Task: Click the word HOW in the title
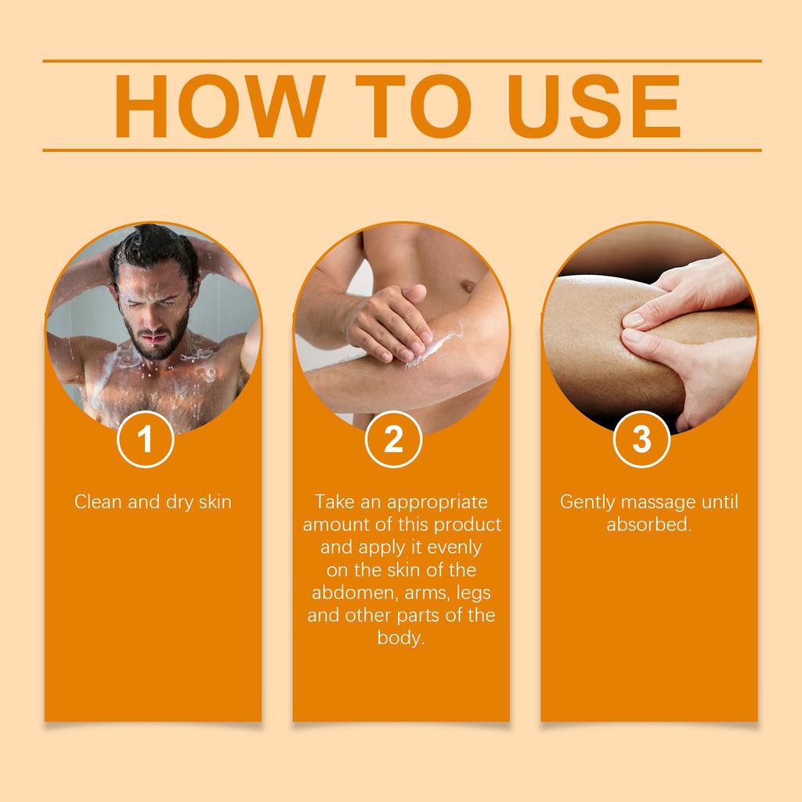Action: tap(220, 106)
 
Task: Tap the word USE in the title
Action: tap(594, 106)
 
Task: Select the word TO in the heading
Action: tap(414, 106)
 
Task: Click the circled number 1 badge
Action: tap(145, 439)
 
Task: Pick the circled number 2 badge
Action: tap(393, 439)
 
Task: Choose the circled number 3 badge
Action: tap(641, 439)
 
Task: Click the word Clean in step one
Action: tap(99, 502)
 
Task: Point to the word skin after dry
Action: tap(215, 502)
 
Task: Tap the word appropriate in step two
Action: tap(437, 503)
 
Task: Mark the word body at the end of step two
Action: tap(401, 638)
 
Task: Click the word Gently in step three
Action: tap(587, 503)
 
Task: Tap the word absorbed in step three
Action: tap(648, 524)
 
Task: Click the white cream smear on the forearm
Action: tap(435, 348)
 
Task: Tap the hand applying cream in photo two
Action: tap(388, 321)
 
